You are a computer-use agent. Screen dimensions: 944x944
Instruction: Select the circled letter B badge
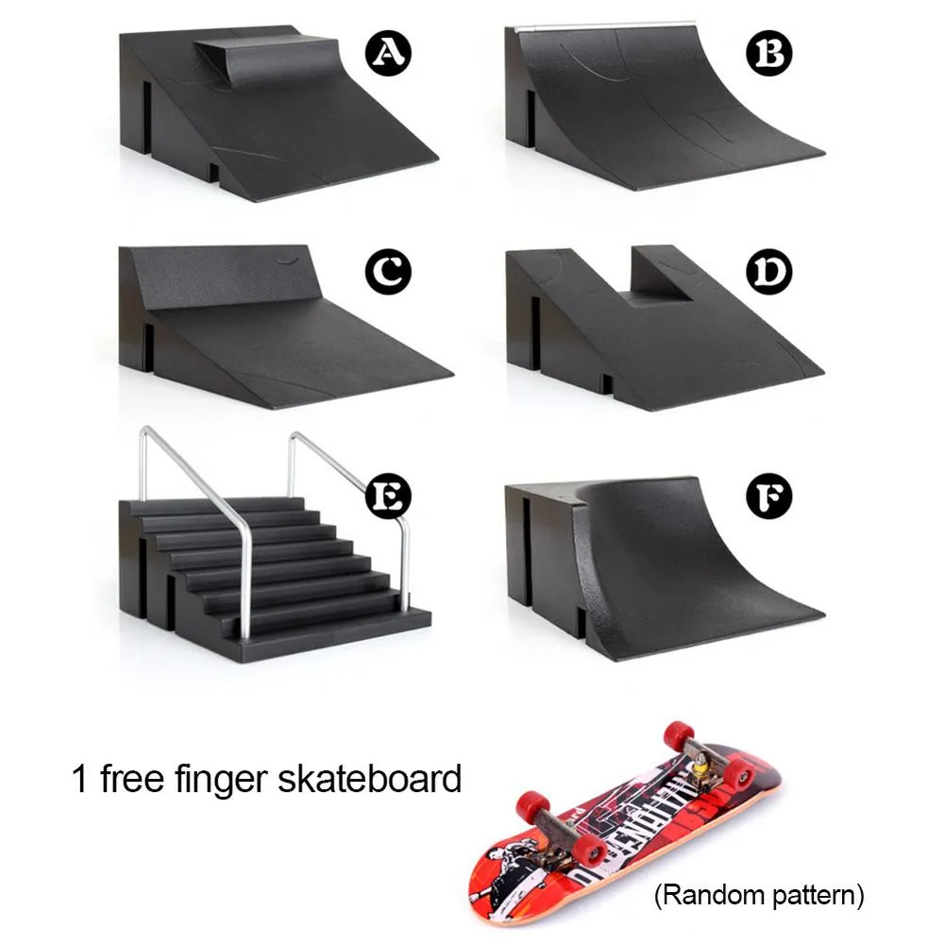point(769,54)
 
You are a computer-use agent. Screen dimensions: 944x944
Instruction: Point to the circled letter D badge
point(769,273)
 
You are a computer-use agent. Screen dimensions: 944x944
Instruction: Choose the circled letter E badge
point(387,496)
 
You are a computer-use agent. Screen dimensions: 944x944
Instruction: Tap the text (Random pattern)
point(759,893)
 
